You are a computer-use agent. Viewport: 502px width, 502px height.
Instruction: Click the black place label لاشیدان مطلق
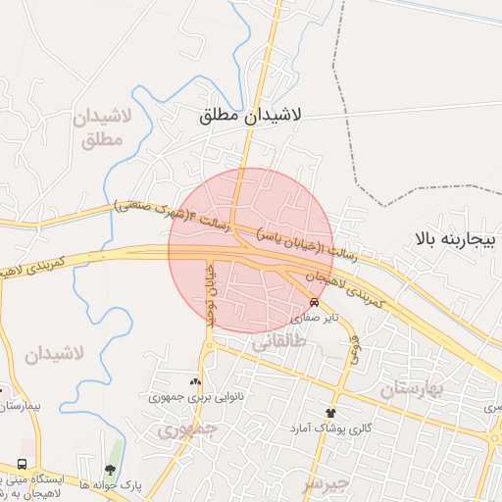click(x=250, y=116)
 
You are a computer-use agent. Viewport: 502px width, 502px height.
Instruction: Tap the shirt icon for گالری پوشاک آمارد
click(x=330, y=413)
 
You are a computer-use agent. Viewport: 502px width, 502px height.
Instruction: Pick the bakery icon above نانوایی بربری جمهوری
click(x=195, y=382)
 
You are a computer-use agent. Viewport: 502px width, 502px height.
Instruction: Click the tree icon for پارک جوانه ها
click(x=109, y=470)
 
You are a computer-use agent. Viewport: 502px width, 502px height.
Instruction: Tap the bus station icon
click(x=22, y=464)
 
